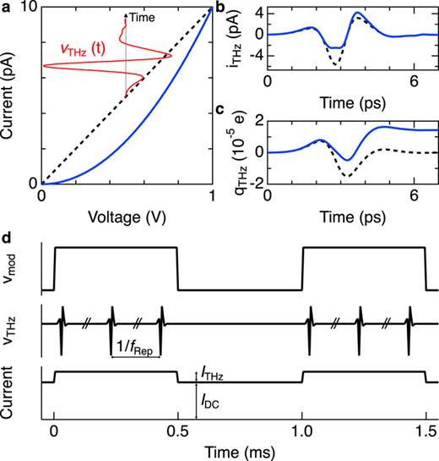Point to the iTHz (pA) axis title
pyautogui.click(x=232, y=38)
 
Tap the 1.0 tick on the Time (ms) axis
pyautogui.click(x=302, y=431)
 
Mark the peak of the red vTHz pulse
pyautogui.click(x=171, y=57)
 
